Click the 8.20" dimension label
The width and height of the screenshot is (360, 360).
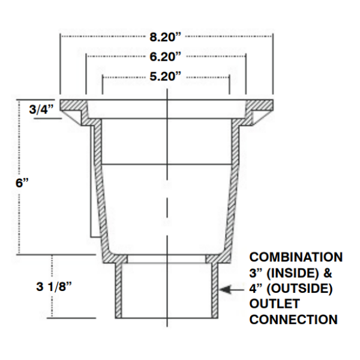pos(166,37)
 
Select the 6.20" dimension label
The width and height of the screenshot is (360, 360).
pos(166,57)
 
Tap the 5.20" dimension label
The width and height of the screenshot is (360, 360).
pos(166,77)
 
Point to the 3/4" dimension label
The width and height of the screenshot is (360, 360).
pos(42,109)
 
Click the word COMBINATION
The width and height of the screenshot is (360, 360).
pos(296,257)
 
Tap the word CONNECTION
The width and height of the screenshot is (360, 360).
pos(293,320)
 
